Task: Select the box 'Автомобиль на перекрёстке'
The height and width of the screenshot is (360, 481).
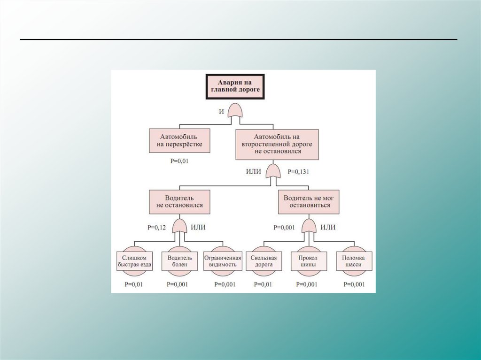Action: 179,140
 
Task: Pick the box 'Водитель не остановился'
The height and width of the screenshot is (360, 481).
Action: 179,201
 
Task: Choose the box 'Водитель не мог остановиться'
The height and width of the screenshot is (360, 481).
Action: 309,201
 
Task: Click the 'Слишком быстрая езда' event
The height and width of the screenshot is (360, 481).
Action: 134,261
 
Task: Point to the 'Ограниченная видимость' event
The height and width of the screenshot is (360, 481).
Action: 222,261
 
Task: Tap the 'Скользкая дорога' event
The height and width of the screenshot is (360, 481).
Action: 264,261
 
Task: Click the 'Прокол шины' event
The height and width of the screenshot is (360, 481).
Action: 307,261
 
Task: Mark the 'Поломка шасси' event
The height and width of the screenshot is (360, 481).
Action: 354,261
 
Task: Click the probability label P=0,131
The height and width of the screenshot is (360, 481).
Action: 299,171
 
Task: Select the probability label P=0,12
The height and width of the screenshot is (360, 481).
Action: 156,227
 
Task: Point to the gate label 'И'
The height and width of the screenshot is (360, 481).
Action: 221,111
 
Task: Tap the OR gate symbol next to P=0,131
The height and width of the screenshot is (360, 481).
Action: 272,172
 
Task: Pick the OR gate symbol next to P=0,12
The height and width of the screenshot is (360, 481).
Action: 179,227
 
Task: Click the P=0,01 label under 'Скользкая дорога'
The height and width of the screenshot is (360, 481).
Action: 263,284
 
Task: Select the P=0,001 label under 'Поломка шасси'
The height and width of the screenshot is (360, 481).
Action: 354,284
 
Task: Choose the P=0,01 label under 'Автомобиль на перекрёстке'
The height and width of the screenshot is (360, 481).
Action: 179,161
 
